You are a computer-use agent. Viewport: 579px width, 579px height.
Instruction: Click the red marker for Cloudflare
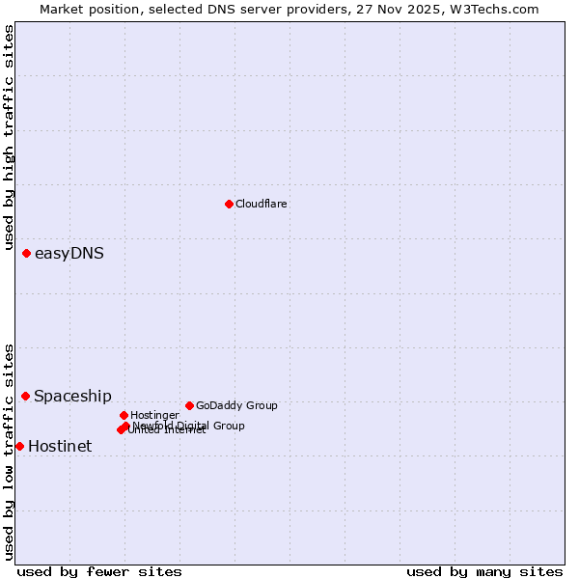229,204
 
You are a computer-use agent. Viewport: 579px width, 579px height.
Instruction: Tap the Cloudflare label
261,204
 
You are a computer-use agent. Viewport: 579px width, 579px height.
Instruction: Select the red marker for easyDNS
26,253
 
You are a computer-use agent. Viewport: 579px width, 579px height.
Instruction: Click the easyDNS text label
69,254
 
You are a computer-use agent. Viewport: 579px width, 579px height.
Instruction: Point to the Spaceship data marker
25,396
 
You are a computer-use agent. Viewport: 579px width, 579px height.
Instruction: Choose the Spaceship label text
72,396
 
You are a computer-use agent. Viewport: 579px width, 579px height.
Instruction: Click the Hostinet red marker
19,446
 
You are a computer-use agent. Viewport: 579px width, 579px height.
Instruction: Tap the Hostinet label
60,446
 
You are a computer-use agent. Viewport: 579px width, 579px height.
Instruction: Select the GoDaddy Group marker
189,405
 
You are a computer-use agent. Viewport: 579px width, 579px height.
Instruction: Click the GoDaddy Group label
236,405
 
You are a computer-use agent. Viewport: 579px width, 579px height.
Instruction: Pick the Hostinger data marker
124,415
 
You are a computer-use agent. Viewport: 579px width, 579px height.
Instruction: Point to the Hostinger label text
154,415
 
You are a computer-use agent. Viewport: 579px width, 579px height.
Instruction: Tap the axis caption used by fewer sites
99,571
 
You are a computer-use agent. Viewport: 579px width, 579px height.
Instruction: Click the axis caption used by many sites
484,571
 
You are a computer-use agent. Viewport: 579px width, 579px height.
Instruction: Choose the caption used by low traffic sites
9,452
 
